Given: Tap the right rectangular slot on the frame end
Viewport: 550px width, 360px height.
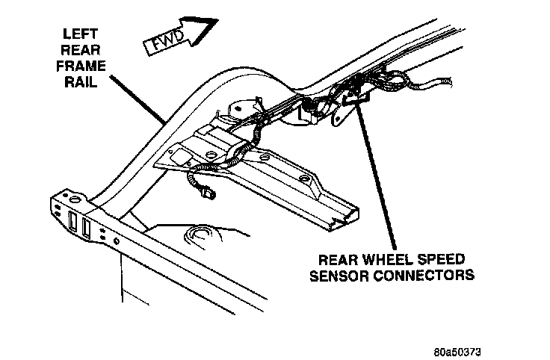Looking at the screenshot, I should click(87, 228).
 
